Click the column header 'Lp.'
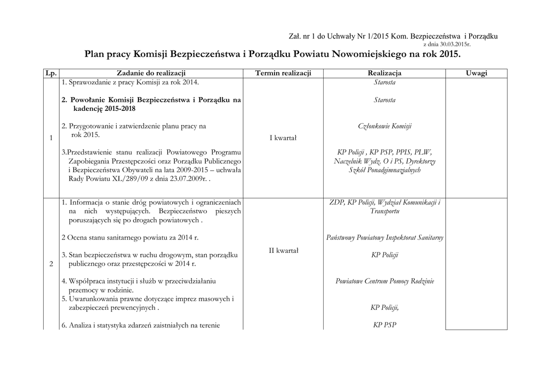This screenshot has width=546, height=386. [51, 73]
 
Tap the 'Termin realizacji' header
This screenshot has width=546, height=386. [283, 73]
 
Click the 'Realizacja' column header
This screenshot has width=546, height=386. [384, 73]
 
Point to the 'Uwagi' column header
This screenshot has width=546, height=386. [476, 73]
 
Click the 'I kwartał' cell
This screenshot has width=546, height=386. [283, 139]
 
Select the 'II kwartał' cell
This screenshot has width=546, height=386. [283, 251]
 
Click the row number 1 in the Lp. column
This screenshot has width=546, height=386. [51, 139]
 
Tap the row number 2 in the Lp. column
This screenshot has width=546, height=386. [51, 264]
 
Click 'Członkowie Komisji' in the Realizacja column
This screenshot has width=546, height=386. [384, 126]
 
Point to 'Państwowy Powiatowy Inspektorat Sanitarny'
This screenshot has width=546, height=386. [384, 238]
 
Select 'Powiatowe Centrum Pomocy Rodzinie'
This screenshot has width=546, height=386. [384, 281]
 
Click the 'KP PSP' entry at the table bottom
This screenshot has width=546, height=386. [384, 325]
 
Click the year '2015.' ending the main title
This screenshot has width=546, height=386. [449, 54]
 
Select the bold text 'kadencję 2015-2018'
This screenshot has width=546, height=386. [105, 109]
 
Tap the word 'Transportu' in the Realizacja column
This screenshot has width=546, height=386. [384, 211]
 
